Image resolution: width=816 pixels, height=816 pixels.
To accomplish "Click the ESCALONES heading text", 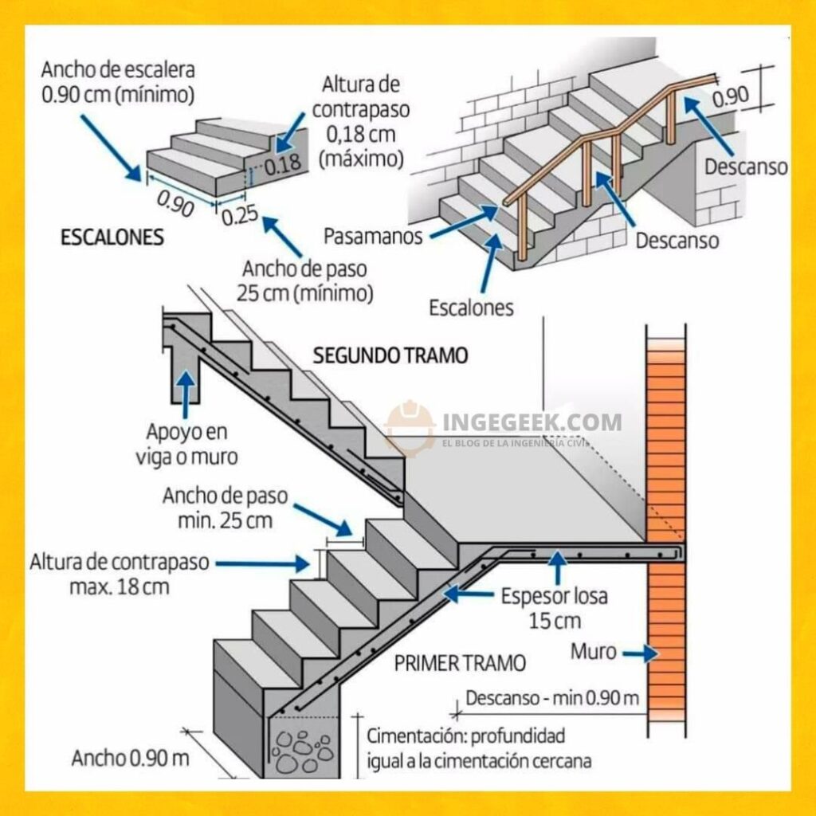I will pyautogui.click(x=112, y=237).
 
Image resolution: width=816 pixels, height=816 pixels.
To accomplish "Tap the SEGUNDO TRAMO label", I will pyautogui.click(x=390, y=355).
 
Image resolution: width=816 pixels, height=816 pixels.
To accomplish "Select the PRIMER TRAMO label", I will pyautogui.click(x=460, y=662).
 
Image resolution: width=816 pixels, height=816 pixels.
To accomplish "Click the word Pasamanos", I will pyautogui.click(x=373, y=237).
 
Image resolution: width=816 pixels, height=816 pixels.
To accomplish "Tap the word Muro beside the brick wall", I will pyautogui.click(x=593, y=652).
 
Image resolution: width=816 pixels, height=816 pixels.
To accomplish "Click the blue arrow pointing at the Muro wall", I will pyautogui.click(x=640, y=654).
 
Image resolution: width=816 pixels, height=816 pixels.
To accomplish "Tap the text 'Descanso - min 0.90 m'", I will pyautogui.click(x=552, y=698).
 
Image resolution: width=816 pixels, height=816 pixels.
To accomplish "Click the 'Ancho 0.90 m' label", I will pyautogui.click(x=131, y=758).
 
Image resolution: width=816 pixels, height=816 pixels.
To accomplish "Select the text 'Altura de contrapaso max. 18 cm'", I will pyautogui.click(x=120, y=574).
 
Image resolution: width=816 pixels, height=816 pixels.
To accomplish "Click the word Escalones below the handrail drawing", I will pyautogui.click(x=471, y=307).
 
